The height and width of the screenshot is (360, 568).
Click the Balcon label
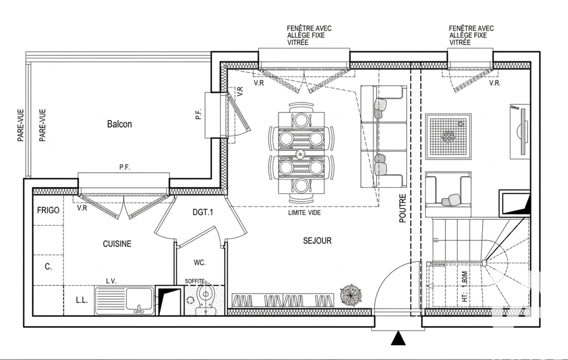pyautogui.click(x=119, y=124)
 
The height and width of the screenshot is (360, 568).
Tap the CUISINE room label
pyautogui.click(x=117, y=244)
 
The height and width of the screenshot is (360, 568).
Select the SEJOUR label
pyautogui.click(x=318, y=240)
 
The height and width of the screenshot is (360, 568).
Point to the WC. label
pyautogui.click(x=199, y=263)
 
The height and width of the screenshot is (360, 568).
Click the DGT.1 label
pyautogui.click(x=202, y=212)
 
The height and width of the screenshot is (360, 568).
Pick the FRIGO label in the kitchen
pyautogui.click(x=48, y=210)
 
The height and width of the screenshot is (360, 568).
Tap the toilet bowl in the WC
pyautogui.click(x=206, y=299)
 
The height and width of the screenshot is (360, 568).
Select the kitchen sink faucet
pyautogui.click(x=139, y=309)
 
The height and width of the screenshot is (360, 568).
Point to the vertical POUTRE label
pyautogui.click(x=403, y=208)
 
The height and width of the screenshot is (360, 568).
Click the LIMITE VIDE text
pyautogui.click(x=304, y=213)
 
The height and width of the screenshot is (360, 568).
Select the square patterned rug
pyautogui.click(x=448, y=137)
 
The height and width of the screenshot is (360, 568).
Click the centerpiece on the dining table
pyautogui.click(x=300, y=154)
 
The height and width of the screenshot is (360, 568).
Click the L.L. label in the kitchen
pyautogui.click(x=81, y=300)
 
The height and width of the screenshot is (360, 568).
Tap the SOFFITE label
pyautogui.click(x=195, y=281)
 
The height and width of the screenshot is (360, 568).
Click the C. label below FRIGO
pyautogui.click(x=48, y=266)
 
